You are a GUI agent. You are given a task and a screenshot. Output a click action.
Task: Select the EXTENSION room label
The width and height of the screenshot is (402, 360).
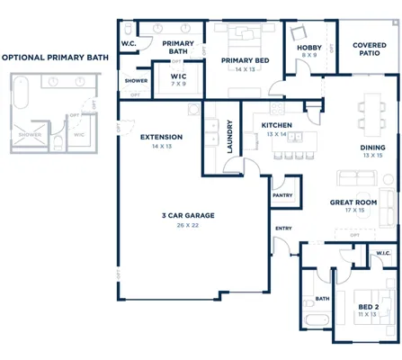point(162,137)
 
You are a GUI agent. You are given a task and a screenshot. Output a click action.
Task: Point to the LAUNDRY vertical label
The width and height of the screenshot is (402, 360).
point(231,137)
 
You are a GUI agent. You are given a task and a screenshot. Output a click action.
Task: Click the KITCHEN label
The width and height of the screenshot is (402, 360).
point(276,125)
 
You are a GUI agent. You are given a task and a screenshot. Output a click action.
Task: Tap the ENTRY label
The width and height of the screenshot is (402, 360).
point(283,229)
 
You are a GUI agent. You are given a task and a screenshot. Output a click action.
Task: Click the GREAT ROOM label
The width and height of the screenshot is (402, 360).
point(353,202)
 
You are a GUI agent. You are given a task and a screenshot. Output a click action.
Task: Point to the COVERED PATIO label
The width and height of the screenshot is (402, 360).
point(370,48)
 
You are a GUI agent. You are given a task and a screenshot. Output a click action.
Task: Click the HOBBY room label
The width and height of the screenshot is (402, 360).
point(309,47)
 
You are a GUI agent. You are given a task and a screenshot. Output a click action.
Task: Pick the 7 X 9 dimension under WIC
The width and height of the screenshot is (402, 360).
point(178,85)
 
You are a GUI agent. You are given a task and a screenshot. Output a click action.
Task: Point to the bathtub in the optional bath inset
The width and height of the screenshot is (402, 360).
point(22,99)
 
